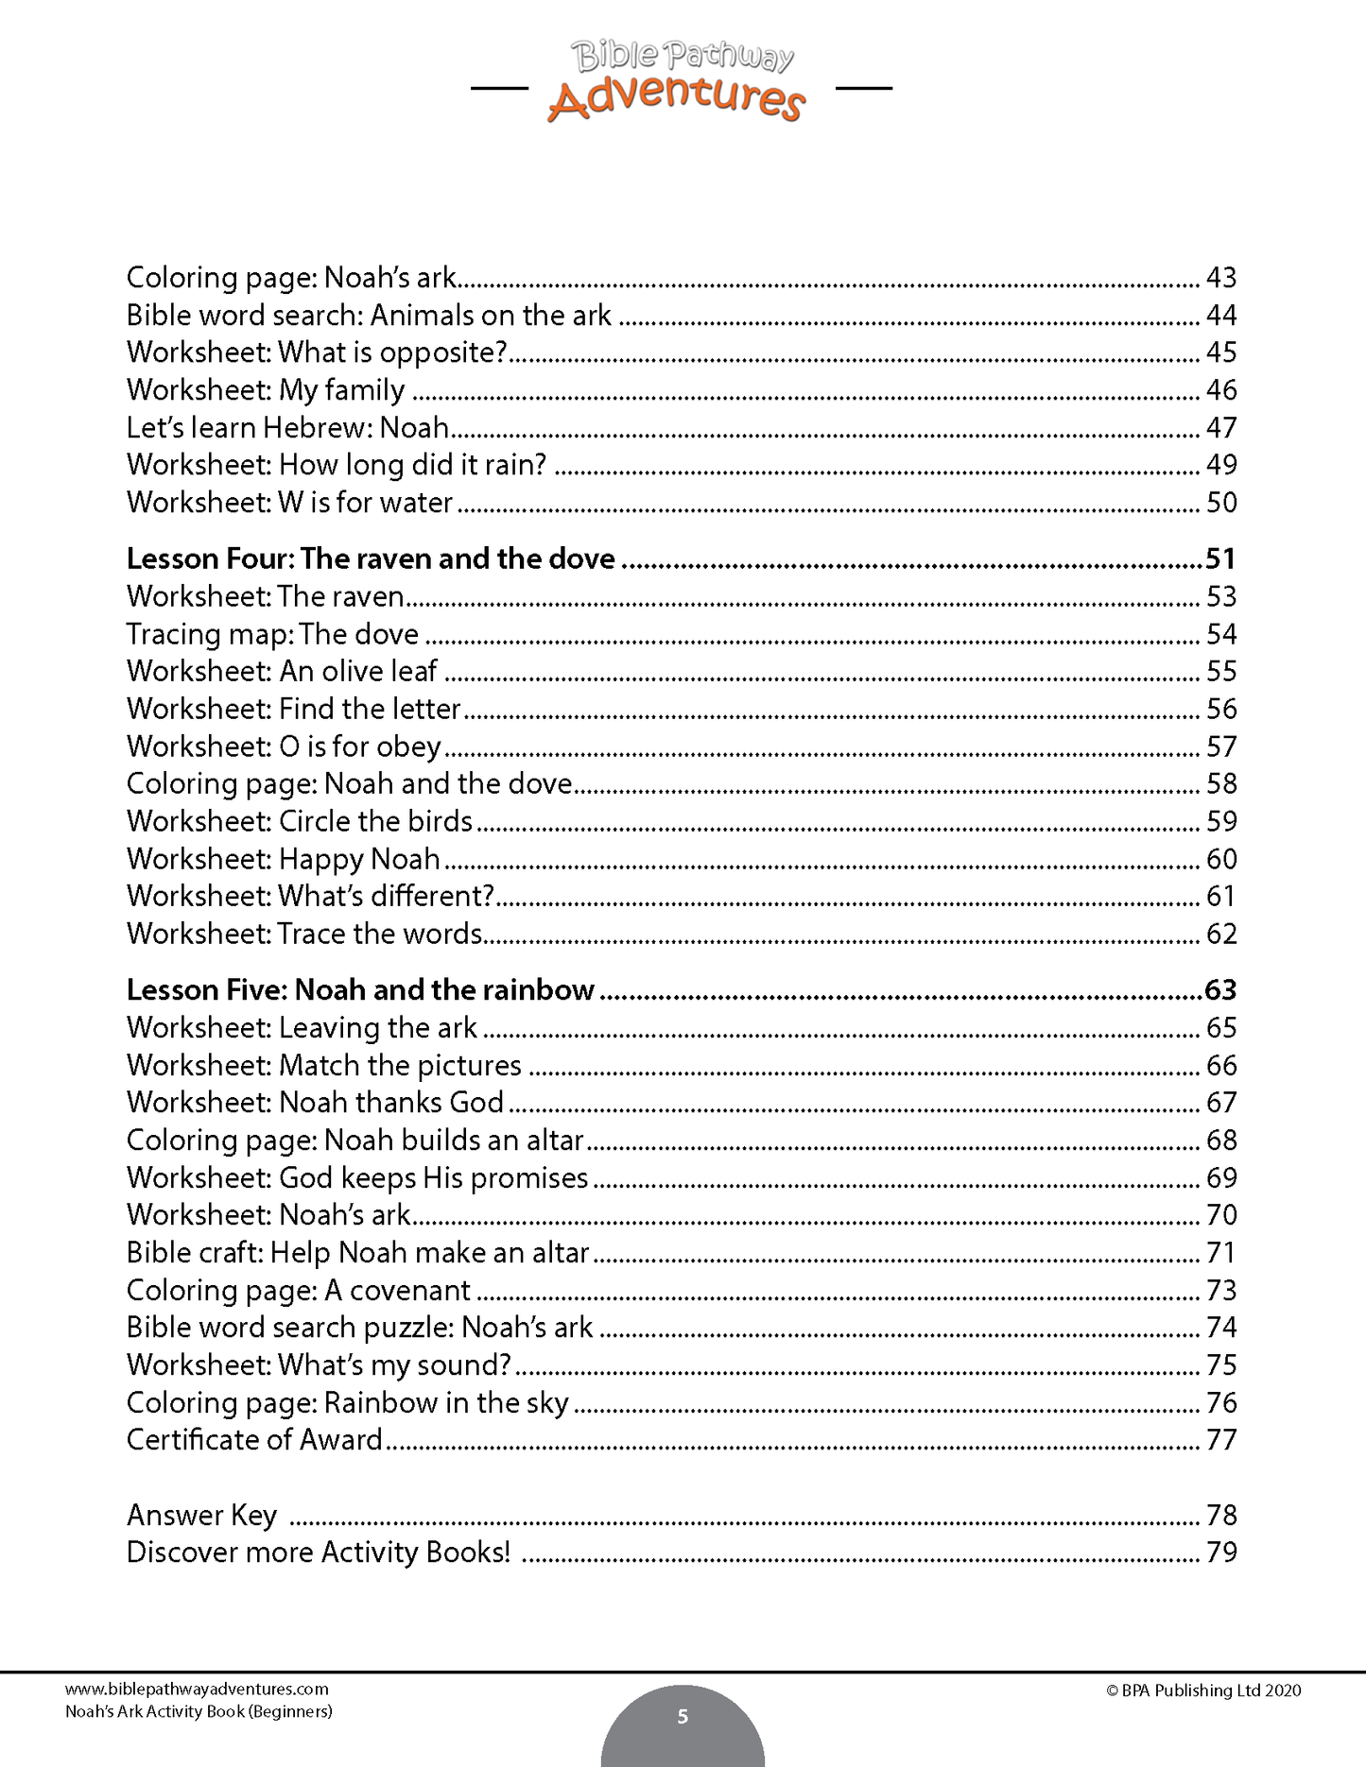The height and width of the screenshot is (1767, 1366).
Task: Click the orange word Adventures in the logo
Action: tap(676, 98)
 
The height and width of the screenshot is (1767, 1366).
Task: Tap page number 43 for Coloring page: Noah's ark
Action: tap(1220, 278)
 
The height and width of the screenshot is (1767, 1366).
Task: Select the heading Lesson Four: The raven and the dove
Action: tap(371, 559)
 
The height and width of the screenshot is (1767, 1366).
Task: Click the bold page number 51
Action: tap(1220, 559)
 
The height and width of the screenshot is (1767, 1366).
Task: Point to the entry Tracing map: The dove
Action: tap(272, 634)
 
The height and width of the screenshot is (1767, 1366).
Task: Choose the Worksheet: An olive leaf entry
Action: tap(282, 672)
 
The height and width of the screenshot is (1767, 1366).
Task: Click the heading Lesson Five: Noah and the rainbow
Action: tap(360, 990)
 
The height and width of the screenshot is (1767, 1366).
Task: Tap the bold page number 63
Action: tap(1220, 990)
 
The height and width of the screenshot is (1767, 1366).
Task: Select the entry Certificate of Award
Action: tap(254, 1440)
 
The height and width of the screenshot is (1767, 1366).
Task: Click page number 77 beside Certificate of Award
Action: tap(1220, 1440)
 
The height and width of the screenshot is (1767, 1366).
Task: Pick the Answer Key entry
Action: tap(201, 1516)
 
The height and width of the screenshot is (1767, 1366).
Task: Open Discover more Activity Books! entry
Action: tap(318, 1553)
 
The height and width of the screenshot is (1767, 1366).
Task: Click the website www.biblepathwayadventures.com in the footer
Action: tap(197, 1690)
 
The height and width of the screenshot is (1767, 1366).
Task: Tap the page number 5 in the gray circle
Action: tap(683, 1717)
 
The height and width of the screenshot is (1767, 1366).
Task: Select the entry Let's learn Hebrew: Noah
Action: tap(287, 428)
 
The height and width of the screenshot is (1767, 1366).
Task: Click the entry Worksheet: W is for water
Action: tap(289, 503)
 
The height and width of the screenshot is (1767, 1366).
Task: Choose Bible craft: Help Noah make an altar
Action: tap(357, 1253)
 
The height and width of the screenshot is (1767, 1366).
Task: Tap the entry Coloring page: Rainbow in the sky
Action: tap(347, 1403)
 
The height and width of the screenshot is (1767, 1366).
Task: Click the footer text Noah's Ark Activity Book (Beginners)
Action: tap(199, 1711)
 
